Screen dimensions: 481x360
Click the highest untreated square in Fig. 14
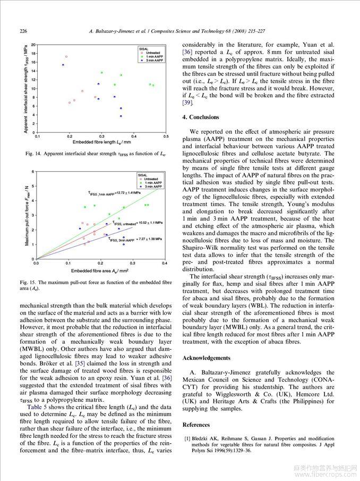tap(66, 56)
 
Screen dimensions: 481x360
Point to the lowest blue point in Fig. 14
tap(121, 116)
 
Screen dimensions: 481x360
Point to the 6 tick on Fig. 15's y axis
tap(33, 172)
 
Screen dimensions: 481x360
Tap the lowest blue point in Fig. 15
tap(124, 244)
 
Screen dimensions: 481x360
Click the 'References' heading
tap(196, 425)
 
